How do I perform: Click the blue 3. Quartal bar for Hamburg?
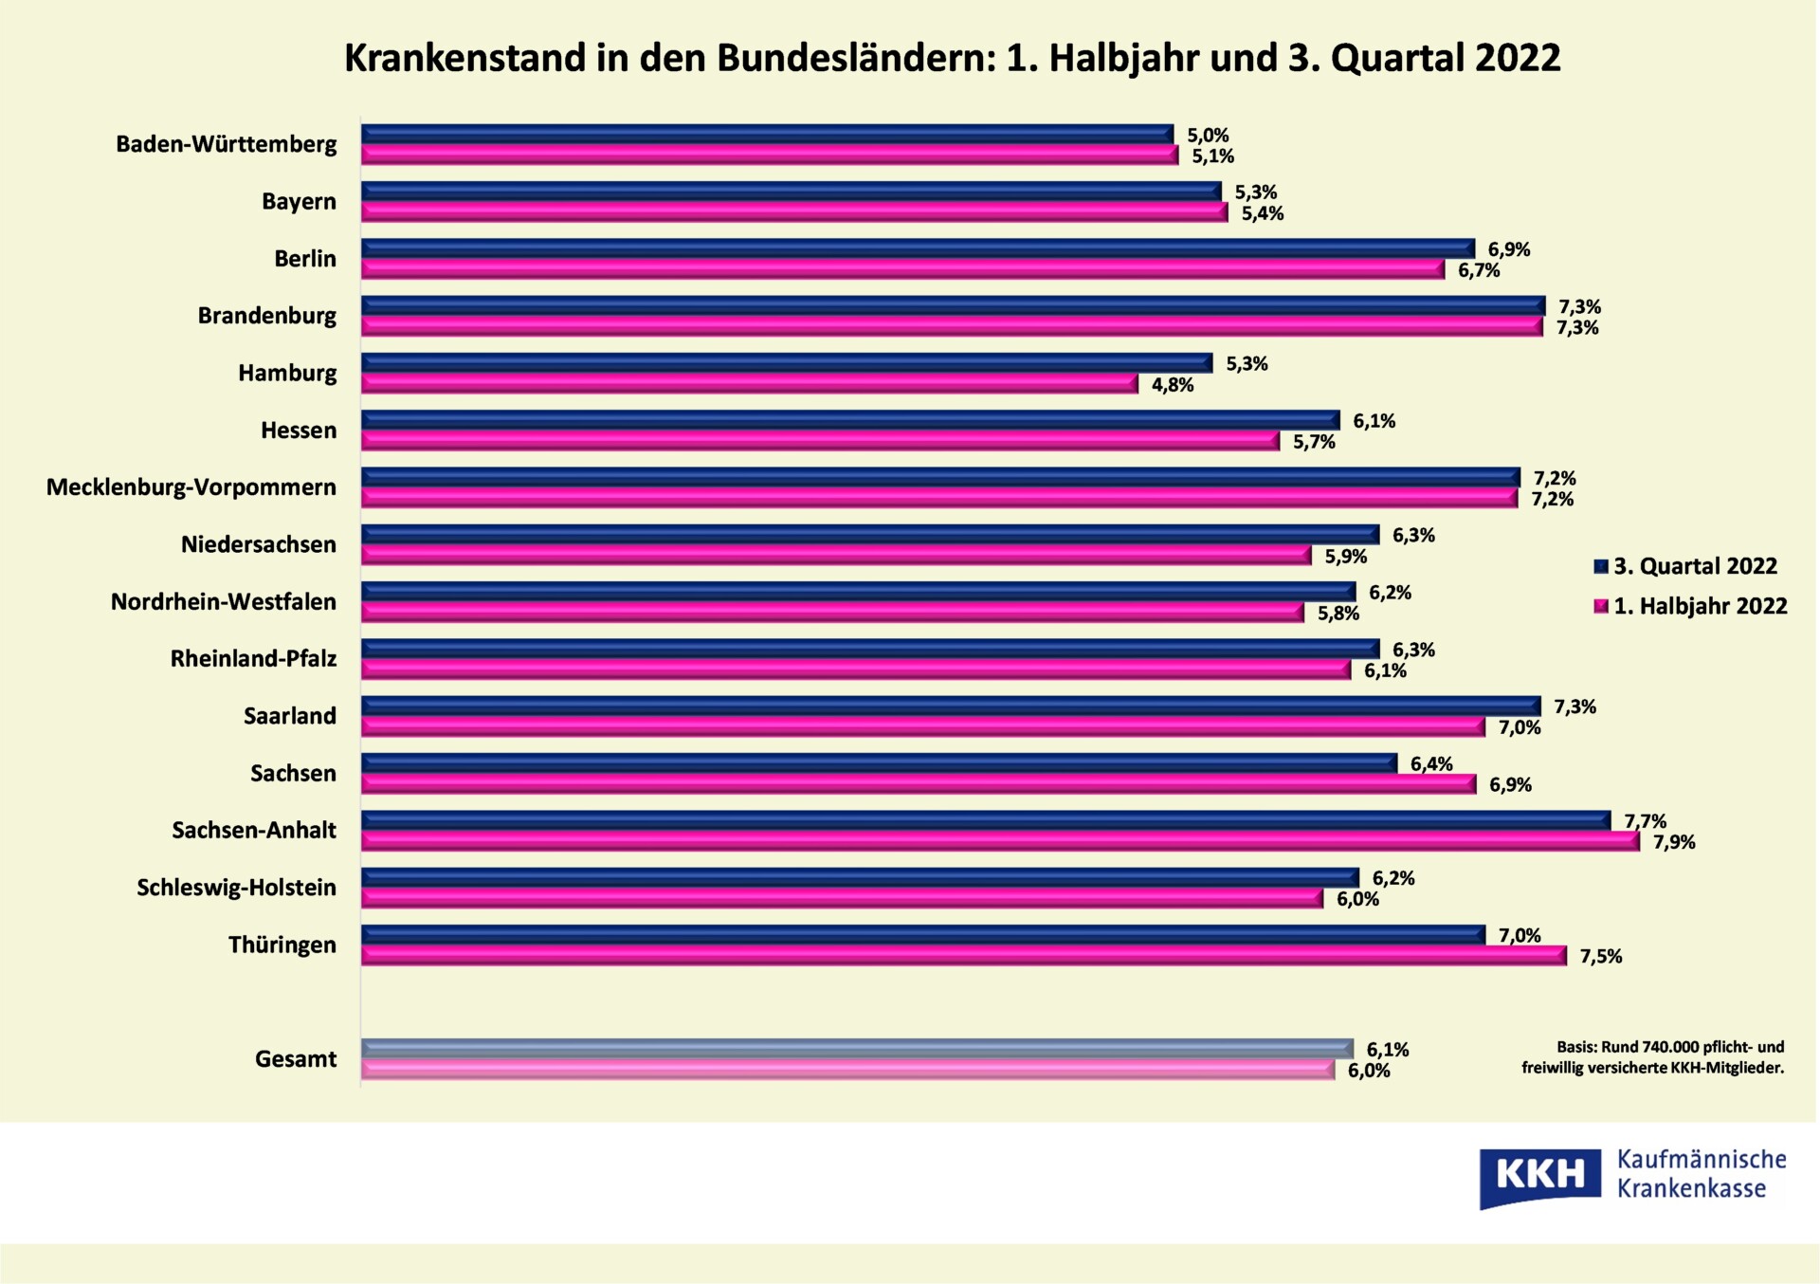pyautogui.click(x=787, y=363)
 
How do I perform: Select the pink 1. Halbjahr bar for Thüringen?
pyautogui.click(x=963, y=956)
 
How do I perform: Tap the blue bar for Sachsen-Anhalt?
pyautogui.click(x=986, y=820)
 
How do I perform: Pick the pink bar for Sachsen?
pyautogui.click(x=919, y=784)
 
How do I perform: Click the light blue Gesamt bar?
pyautogui.click(x=857, y=1048)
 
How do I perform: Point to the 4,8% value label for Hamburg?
pyautogui.click(x=1173, y=385)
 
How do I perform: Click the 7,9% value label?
pyautogui.click(x=1674, y=842)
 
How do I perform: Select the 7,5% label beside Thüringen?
pyautogui.click(x=1600, y=956)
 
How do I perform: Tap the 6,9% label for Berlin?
pyautogui.click(x=1508, y=249)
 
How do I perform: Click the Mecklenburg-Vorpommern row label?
pyautogui.click(x=191, y=487)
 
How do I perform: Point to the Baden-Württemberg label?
pyautogui.click(x=226, y=144)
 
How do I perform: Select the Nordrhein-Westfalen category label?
pyautogui.click(x=223, y=602)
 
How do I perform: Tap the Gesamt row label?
pyautogui.click(x=296, y=1059)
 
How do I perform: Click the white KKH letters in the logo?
pyautogui.click(x=1539, y=1175)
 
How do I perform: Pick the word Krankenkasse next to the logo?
pyautogui.click(x=1691, y=1189)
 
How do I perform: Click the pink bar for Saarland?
pyautogui.click(x=922, y=727)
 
